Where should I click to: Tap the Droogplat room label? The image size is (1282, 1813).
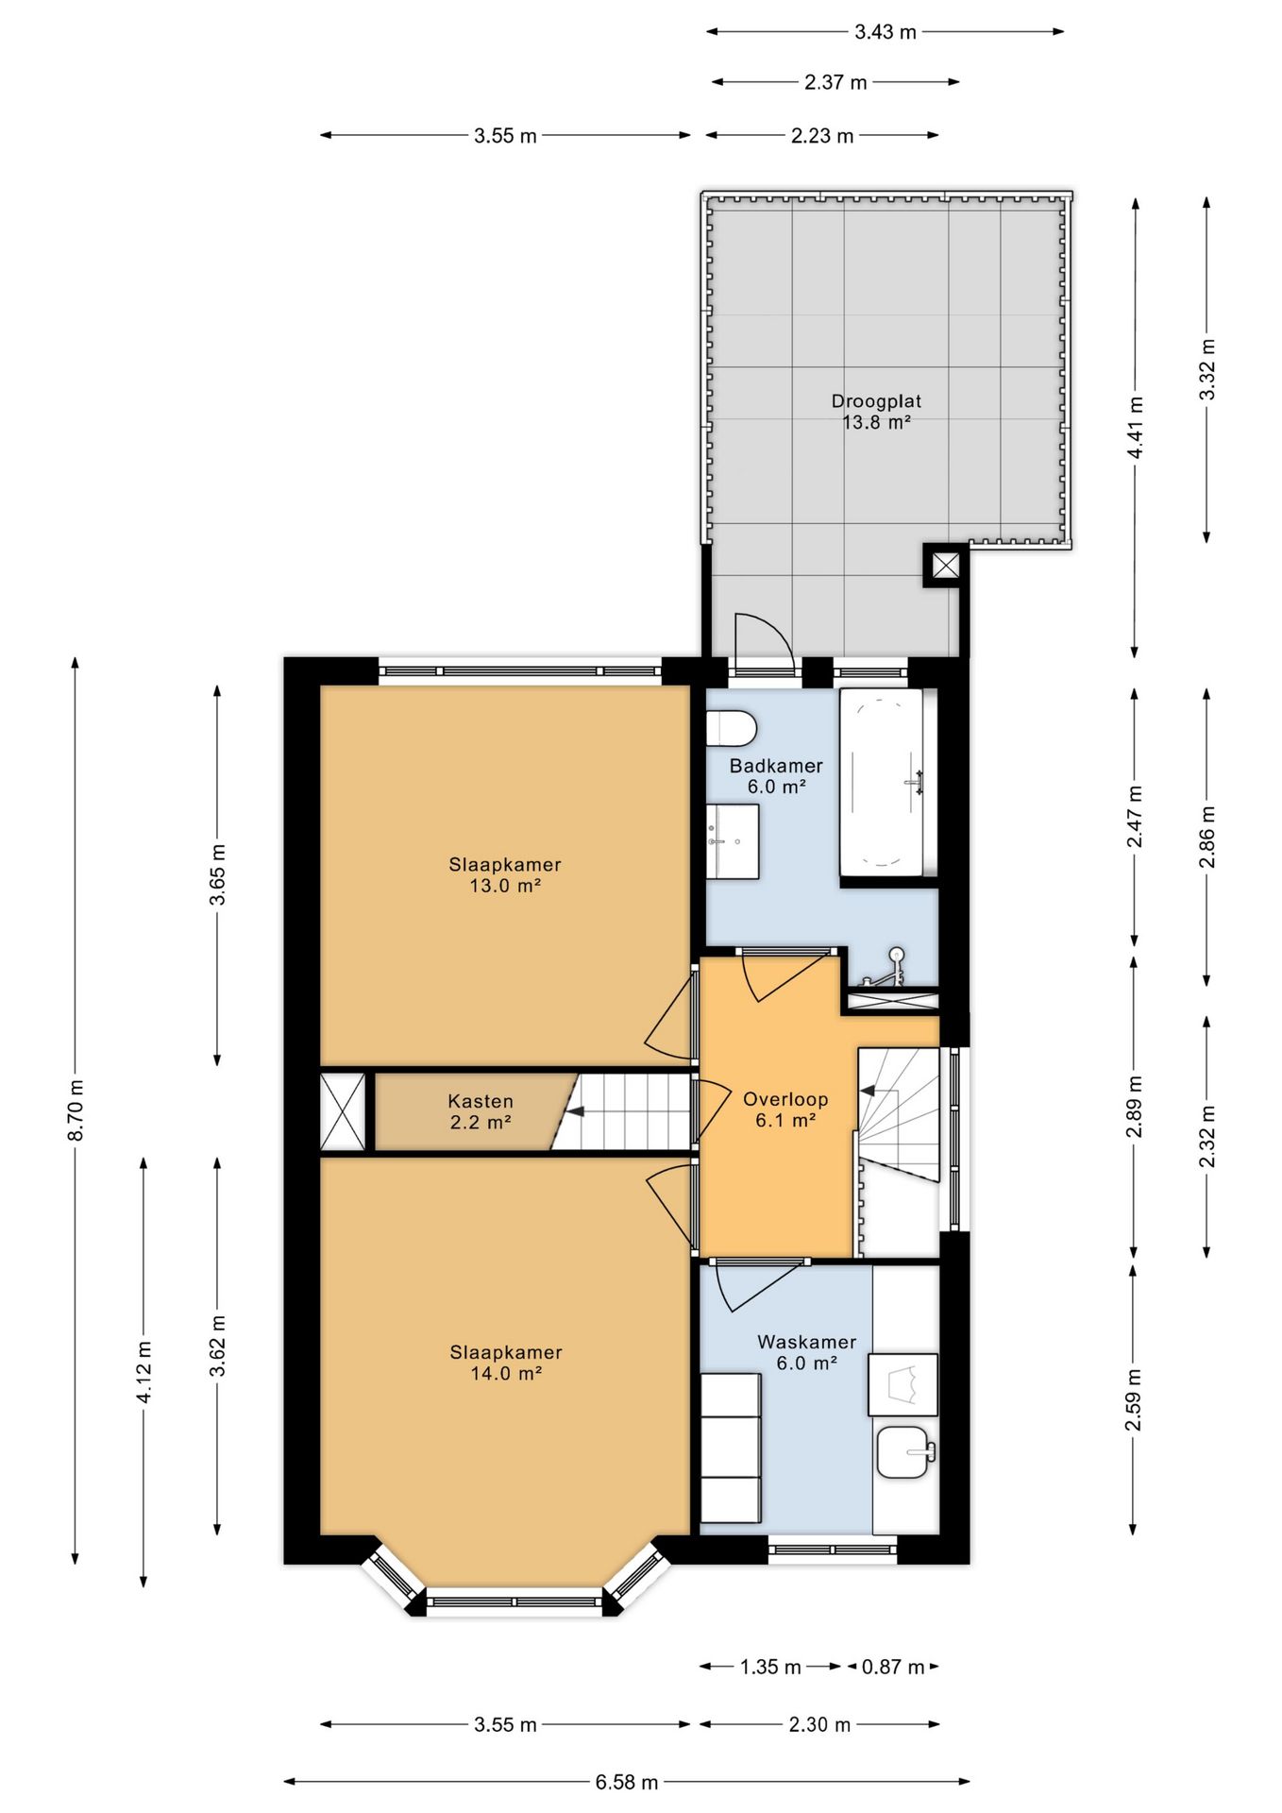click(x=876, y=412)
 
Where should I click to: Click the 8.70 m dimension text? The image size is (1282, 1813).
click(x=76, y=1110)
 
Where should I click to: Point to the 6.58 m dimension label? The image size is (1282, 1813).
click(x=627, y=1782)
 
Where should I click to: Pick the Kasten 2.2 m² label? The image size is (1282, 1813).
click(x=481, y=1111)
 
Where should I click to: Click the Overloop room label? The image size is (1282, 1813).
click(x=785, y=1110)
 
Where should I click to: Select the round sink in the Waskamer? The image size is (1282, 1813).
click(x=905, y=1451)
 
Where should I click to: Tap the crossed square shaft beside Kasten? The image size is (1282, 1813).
click(x=343, y=1111)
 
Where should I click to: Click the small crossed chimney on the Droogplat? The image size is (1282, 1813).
click(x=945, y=566)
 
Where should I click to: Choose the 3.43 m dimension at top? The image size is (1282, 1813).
click(x=886, y=32)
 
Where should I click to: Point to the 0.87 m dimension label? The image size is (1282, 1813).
click(x=892, y=1667)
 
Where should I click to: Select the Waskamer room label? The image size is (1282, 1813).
click(x=807, y=1352)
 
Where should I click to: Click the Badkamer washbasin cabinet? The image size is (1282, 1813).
click(x=733, y=841)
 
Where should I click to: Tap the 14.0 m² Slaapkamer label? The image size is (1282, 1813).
click(x=506, y=1363)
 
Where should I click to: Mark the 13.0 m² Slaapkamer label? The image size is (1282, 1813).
click(x=505, y=874)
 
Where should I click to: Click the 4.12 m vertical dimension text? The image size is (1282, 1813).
click(x=144, y=1371)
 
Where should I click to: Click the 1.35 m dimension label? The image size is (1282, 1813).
click(x=770, y=1667)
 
